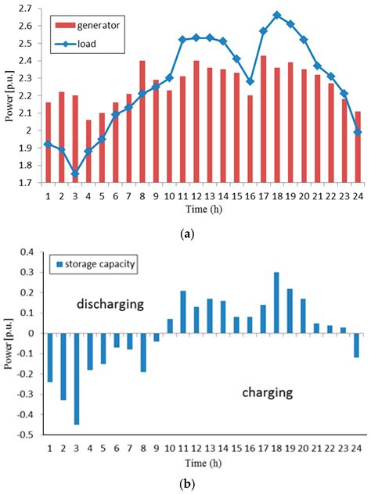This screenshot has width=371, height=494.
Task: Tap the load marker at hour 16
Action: click(x=250, y=81)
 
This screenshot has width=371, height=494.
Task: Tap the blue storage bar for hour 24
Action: click(x=357, y=345)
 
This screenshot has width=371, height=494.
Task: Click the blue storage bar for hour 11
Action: click(x=182, y=312)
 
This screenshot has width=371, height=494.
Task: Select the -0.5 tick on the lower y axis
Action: click(x=28, y=435)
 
